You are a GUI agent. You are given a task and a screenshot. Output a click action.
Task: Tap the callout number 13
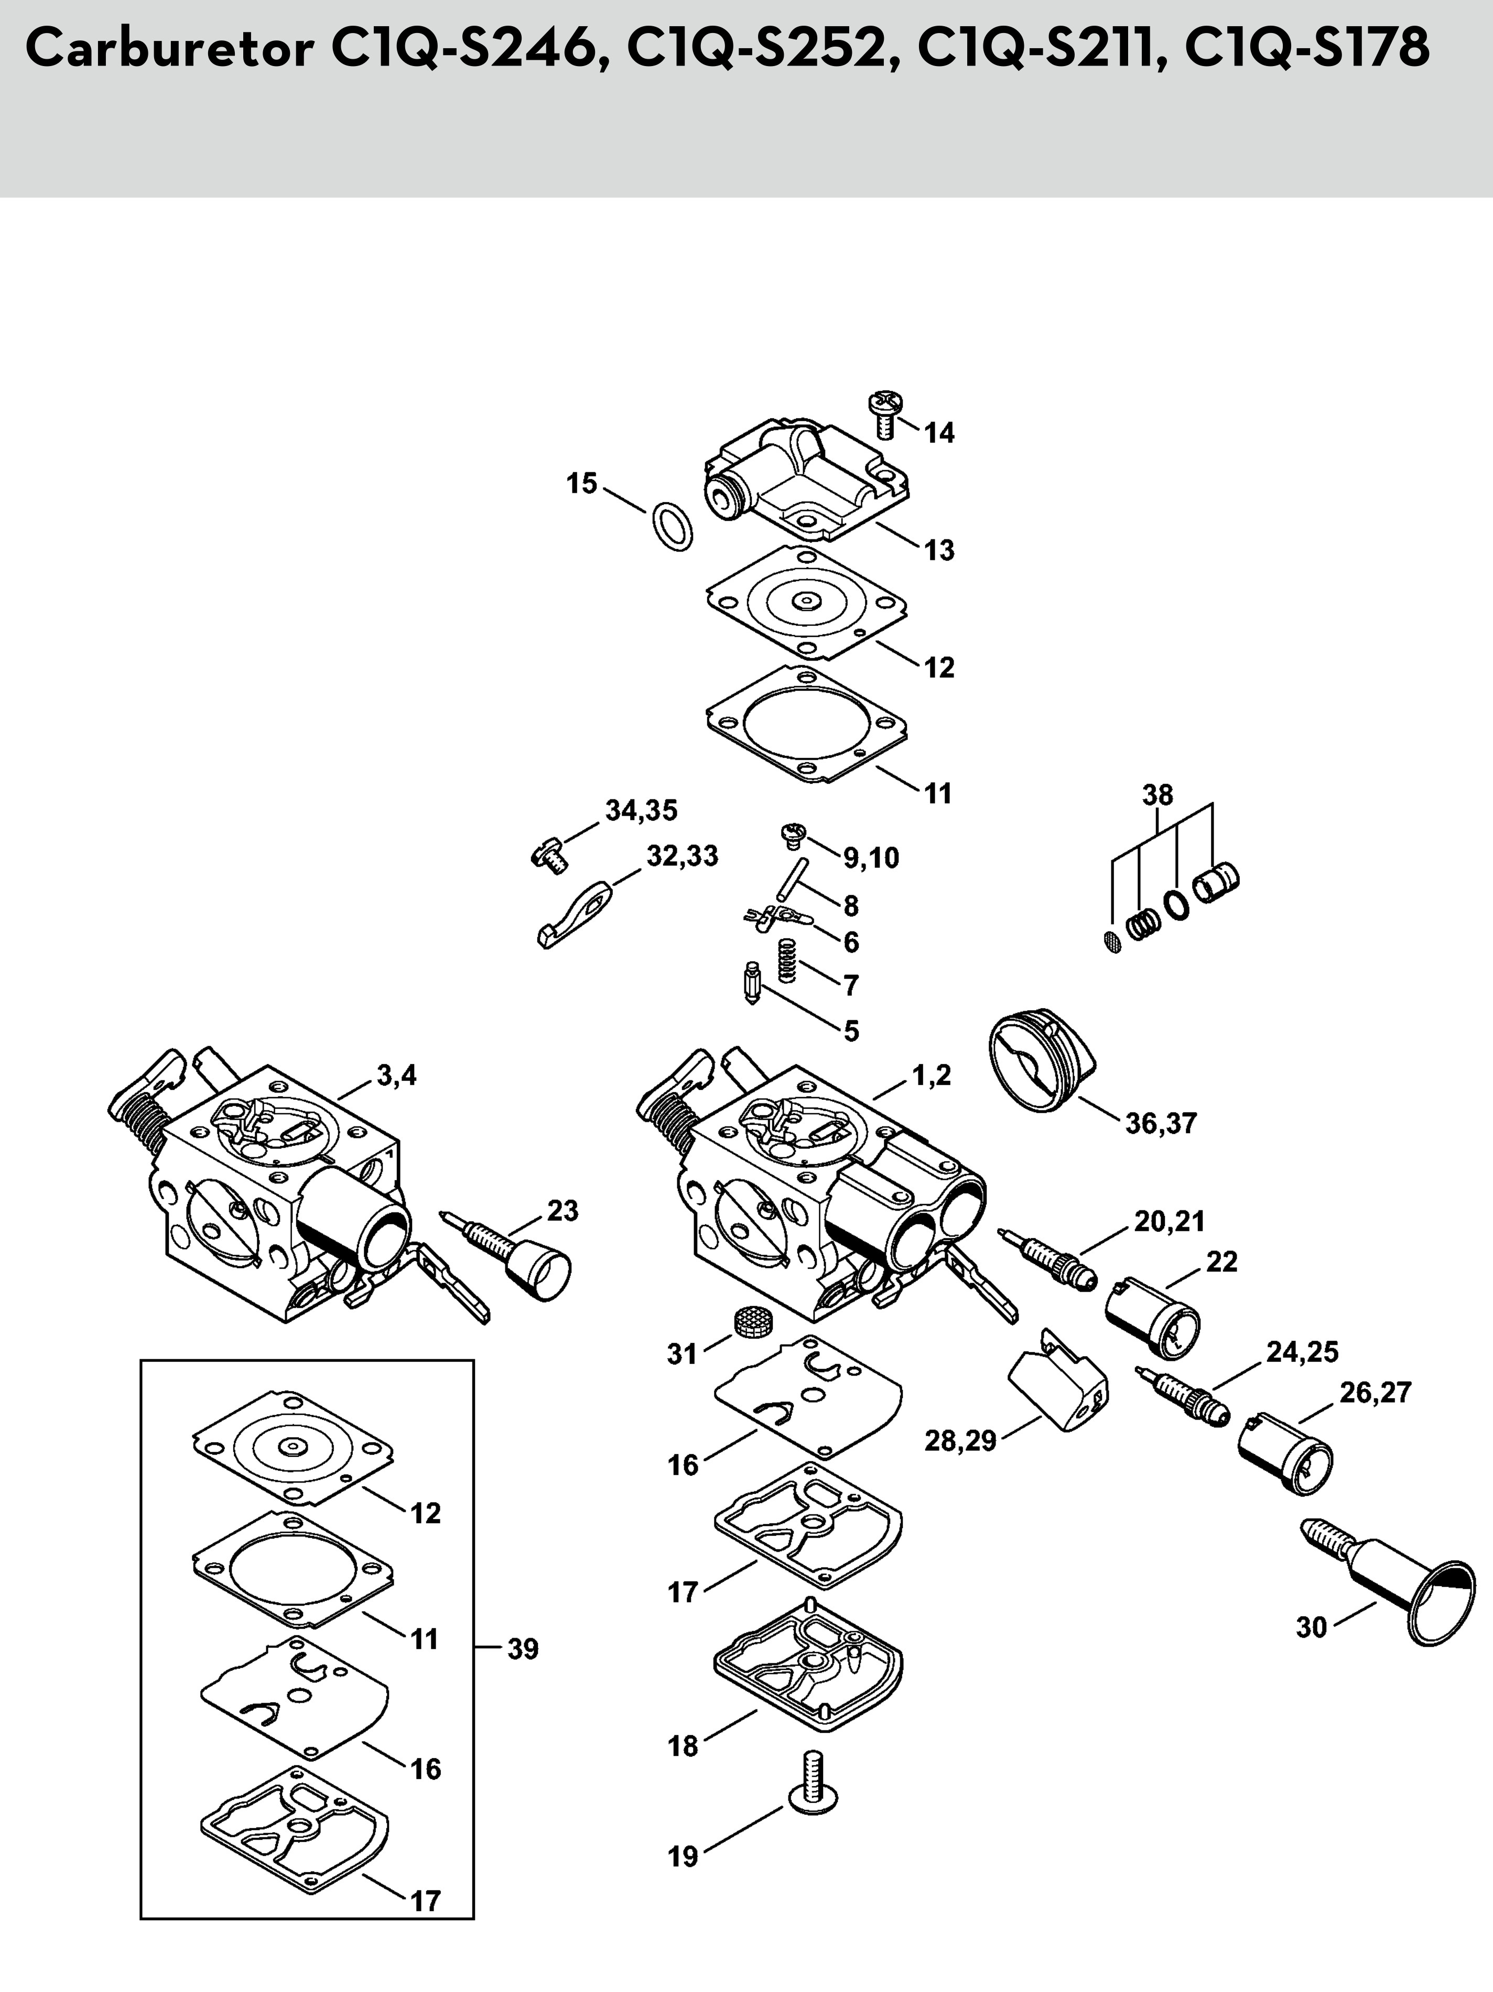[x=939, y=550]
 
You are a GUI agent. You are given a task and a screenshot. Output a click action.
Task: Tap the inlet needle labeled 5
[x=752, y=985]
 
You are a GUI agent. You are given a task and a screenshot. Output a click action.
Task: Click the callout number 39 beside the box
[x=522, y=1649]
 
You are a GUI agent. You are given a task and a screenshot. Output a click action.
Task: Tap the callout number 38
[x=1158, y=795]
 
